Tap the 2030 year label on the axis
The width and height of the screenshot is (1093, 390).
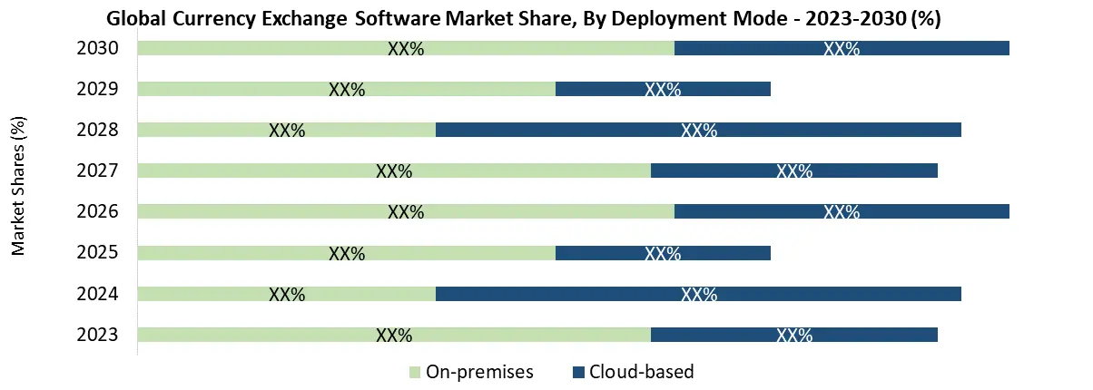98,48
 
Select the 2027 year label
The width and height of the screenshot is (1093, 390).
98,171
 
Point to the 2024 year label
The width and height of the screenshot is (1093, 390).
98,294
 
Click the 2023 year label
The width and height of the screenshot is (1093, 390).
98,335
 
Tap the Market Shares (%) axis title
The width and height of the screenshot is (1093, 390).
19,185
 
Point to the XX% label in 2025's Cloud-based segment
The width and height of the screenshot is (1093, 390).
663,253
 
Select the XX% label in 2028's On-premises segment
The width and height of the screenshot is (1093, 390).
287,131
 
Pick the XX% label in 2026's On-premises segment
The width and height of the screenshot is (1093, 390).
406,212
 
